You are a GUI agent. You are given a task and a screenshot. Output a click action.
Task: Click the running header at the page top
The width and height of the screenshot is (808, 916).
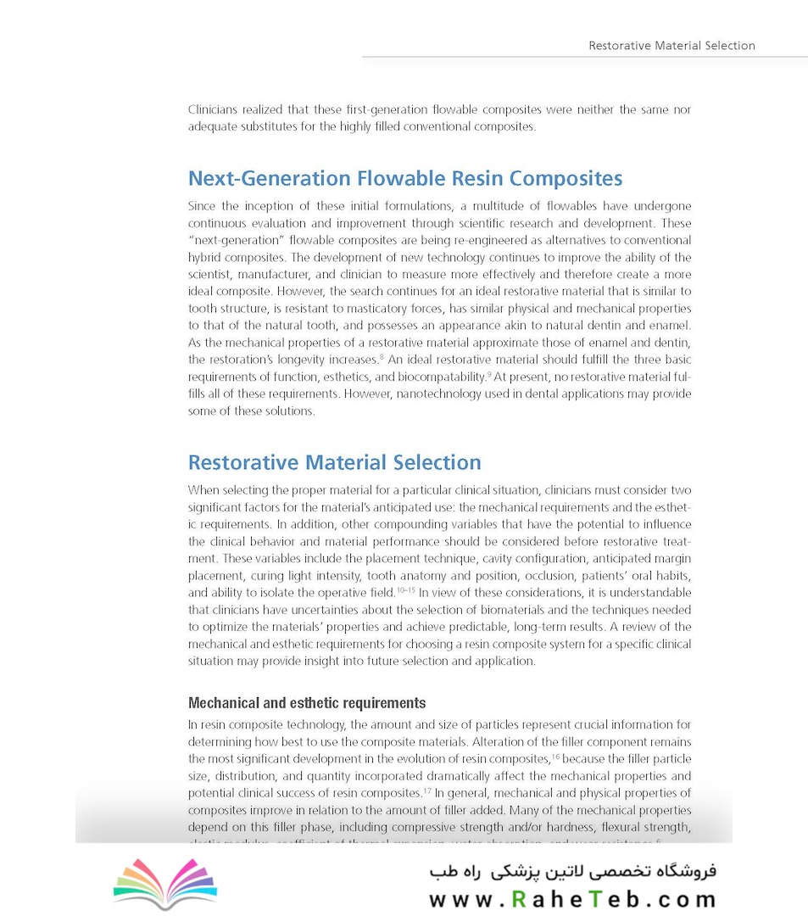pyautogui.click(x=671, y=46)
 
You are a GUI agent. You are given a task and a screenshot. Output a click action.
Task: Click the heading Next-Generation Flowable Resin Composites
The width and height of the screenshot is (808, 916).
pyautogui.click(x=405, y=179)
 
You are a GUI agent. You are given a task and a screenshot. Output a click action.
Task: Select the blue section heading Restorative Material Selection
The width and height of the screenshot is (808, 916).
pyautogui.click(x=334, y=462)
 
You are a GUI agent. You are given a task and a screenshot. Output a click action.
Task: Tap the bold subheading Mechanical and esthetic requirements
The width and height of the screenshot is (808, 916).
pyautogui.click(x=306, y=703)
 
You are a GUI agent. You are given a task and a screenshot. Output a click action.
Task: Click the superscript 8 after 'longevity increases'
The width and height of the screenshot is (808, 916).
pyautogui.click(x=382, y=358)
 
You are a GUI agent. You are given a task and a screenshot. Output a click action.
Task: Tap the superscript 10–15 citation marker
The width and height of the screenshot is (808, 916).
pyautogui.click(x=406, y=590)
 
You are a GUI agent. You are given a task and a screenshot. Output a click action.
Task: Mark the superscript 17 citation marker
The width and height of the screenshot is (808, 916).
pyautogui.click(x=428, y=790)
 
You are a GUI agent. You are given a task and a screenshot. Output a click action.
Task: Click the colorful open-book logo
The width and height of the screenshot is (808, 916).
pyautogui.click(x=165, y=885)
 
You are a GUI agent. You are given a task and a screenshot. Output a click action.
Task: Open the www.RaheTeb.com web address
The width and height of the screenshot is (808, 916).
pyautogui.click(x=572, y=900)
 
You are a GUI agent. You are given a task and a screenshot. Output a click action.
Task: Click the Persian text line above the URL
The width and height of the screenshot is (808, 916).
pyautogui.click(x=572, y=871)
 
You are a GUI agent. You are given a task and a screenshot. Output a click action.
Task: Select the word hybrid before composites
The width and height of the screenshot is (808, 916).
pyautogui.click(x=203, y=258)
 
